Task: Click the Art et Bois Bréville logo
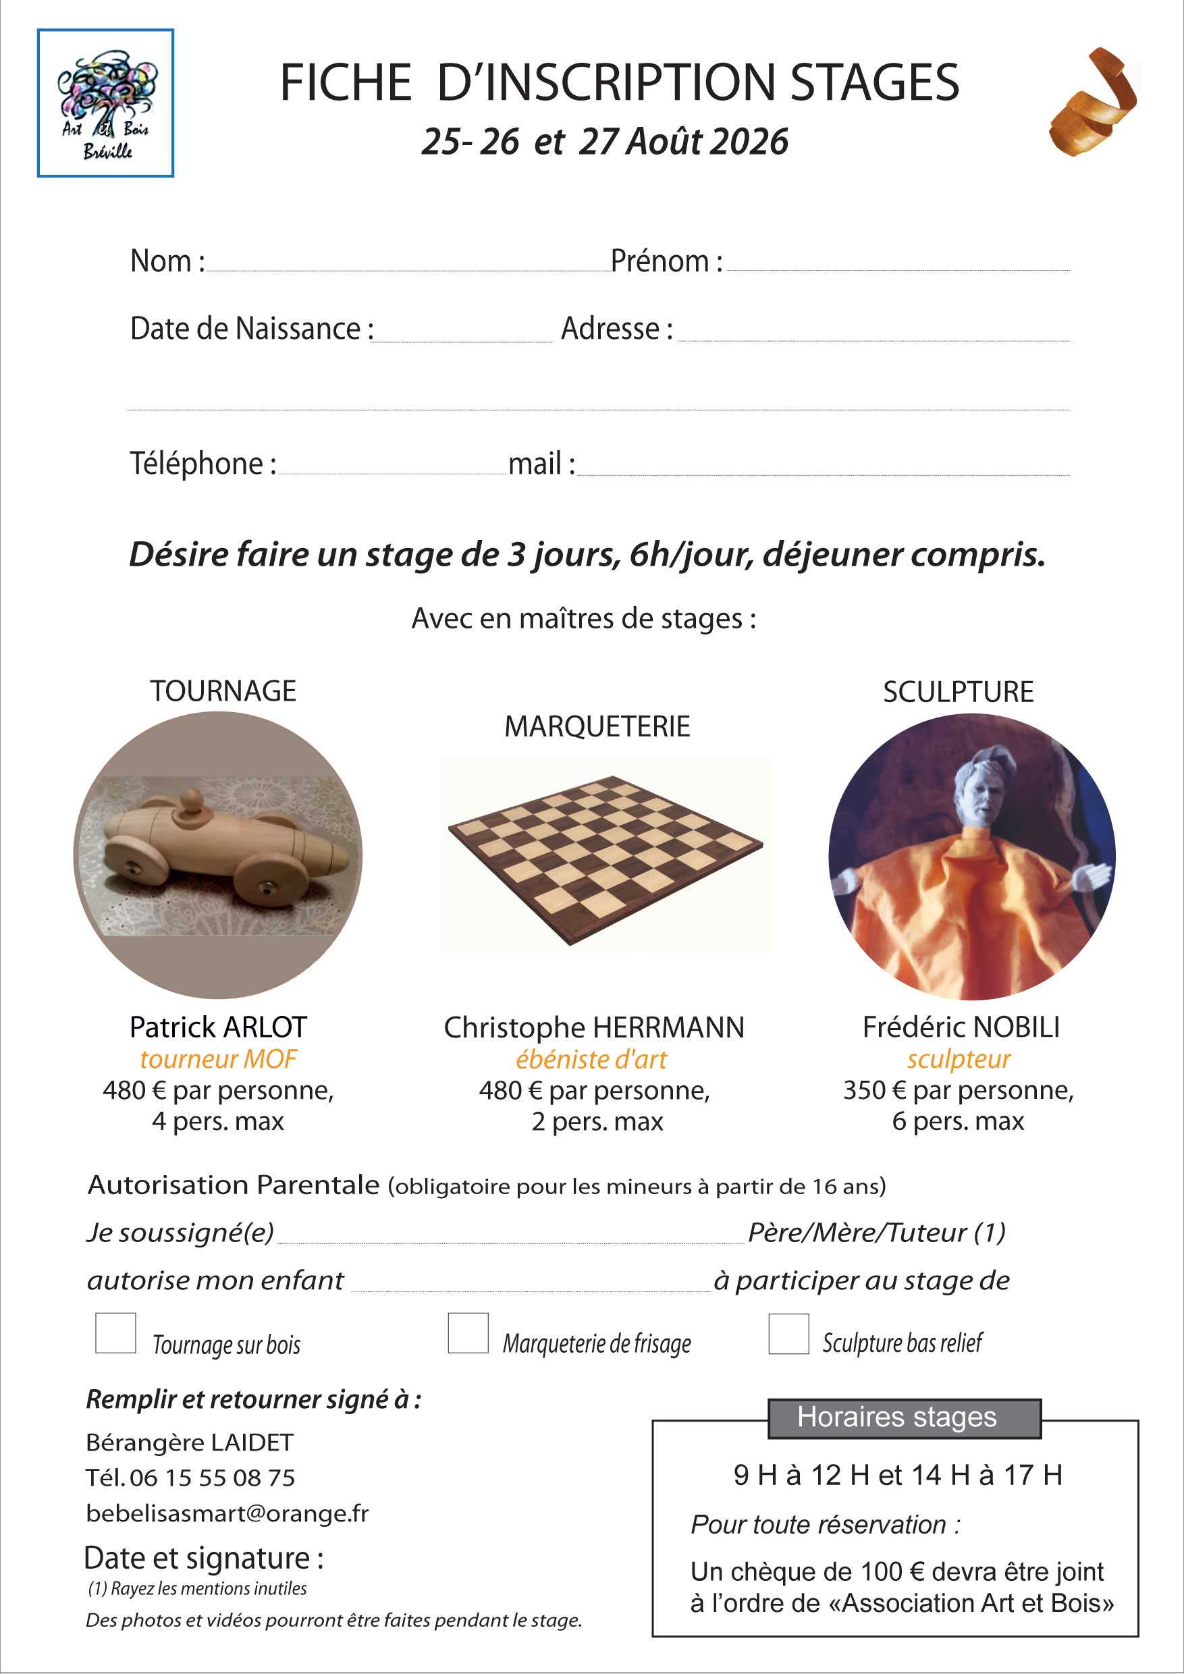(106, 103)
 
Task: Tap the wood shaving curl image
(1094, 102)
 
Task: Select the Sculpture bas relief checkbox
(788, 1334)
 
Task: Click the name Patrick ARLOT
(218, 1027)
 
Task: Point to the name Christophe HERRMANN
(593, 1028)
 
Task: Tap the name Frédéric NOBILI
(961, 1027)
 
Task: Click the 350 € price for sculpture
(874, 1090)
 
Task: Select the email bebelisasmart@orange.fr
(227, 1513)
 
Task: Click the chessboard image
(605, 855)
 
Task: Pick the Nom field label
(167, 261)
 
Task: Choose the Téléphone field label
(202, 464)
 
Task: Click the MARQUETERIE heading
(597, 726)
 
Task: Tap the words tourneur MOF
(218, 1058)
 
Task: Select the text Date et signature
(203, 1559)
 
